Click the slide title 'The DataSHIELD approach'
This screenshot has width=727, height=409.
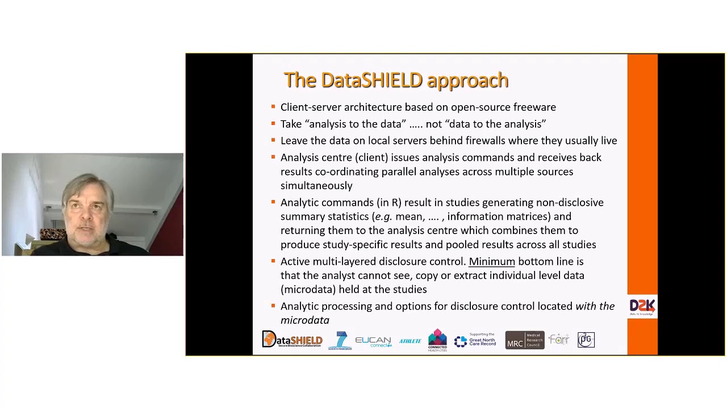tap(396, 80)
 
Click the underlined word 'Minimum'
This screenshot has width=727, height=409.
tap(491, 261)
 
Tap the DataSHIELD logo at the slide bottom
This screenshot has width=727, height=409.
tap(292, 340)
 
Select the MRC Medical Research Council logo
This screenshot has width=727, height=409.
tap(524, 340)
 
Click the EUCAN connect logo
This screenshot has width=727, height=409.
tap(373, 341)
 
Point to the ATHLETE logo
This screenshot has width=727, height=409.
tap(410, 341)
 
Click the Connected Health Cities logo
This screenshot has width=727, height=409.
tap(437, 340)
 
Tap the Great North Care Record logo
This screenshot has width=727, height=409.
tap(475, 340)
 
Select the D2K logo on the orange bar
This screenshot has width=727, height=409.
tap(642, 307)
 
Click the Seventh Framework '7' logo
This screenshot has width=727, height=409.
tap(340, 341)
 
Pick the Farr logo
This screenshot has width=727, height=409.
tap(559, 340)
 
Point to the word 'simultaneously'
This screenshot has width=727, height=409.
tap(316, 186)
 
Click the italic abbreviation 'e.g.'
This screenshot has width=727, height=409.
tap(383, 216)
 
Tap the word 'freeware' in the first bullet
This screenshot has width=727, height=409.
tap(534, 107)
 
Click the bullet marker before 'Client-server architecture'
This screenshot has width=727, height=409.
tap(273, 107)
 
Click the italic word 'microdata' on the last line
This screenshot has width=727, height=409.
tap(304, 320)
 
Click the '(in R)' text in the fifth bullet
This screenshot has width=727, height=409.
tap(388, 203)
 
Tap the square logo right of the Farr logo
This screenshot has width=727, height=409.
tap(586, 340)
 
